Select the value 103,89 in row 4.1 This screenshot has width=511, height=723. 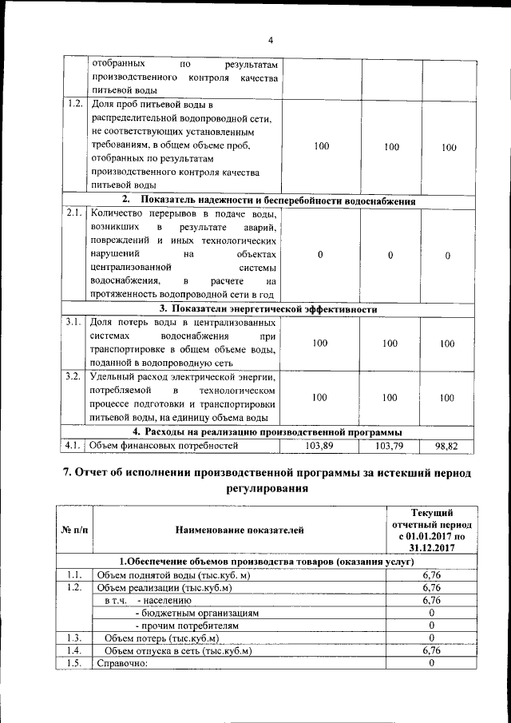pyautogui.click(x=319, y=445)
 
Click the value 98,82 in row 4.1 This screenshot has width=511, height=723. pyautogui.click(x=446, y=445)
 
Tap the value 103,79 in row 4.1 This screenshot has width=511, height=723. pyautogui.click(x=389, y=445)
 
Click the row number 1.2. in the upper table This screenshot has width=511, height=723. pyautogui.click(x=74, y=104)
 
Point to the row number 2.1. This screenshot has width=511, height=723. pyautogui.click(x=74, y=213)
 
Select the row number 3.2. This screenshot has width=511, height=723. pyautogui.click(x=74, y=376)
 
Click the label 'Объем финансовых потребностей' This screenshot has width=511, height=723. pyautogui.click(x=164, y=445)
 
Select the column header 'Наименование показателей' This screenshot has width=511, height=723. pyautogui.click(x=239, y=529)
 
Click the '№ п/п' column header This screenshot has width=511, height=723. pyautogui.click(x=74, y=529)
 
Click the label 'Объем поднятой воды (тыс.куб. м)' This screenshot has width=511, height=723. pyautogui.click(x=172, y=574)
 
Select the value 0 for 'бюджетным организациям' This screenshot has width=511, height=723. pyautogui.click(x=431, y=613)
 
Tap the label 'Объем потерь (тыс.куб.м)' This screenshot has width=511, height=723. pyautogui.click(x=161, y=638)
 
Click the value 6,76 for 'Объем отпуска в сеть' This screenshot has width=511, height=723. pyautogui.click(x=431, y=651)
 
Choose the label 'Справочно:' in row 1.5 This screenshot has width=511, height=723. pyautogui.click(x=122, y=664)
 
